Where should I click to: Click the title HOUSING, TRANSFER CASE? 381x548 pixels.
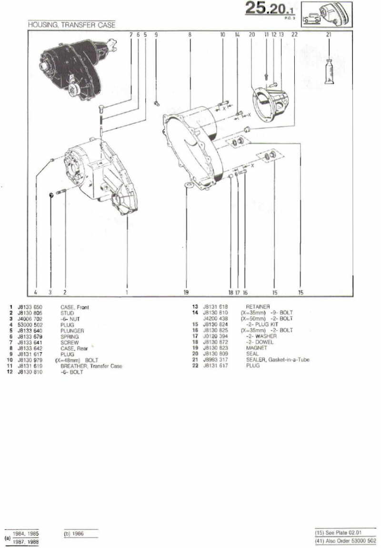[x=71, y=25]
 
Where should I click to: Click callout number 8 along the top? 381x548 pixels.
[x=190, y=34]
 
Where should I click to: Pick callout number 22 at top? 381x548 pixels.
[x=294, y=34]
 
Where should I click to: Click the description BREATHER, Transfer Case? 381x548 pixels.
[x=91, y=366]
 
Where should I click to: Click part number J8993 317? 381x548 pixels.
[x=215, y=360]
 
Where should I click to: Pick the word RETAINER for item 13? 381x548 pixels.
[x=258, y=307]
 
